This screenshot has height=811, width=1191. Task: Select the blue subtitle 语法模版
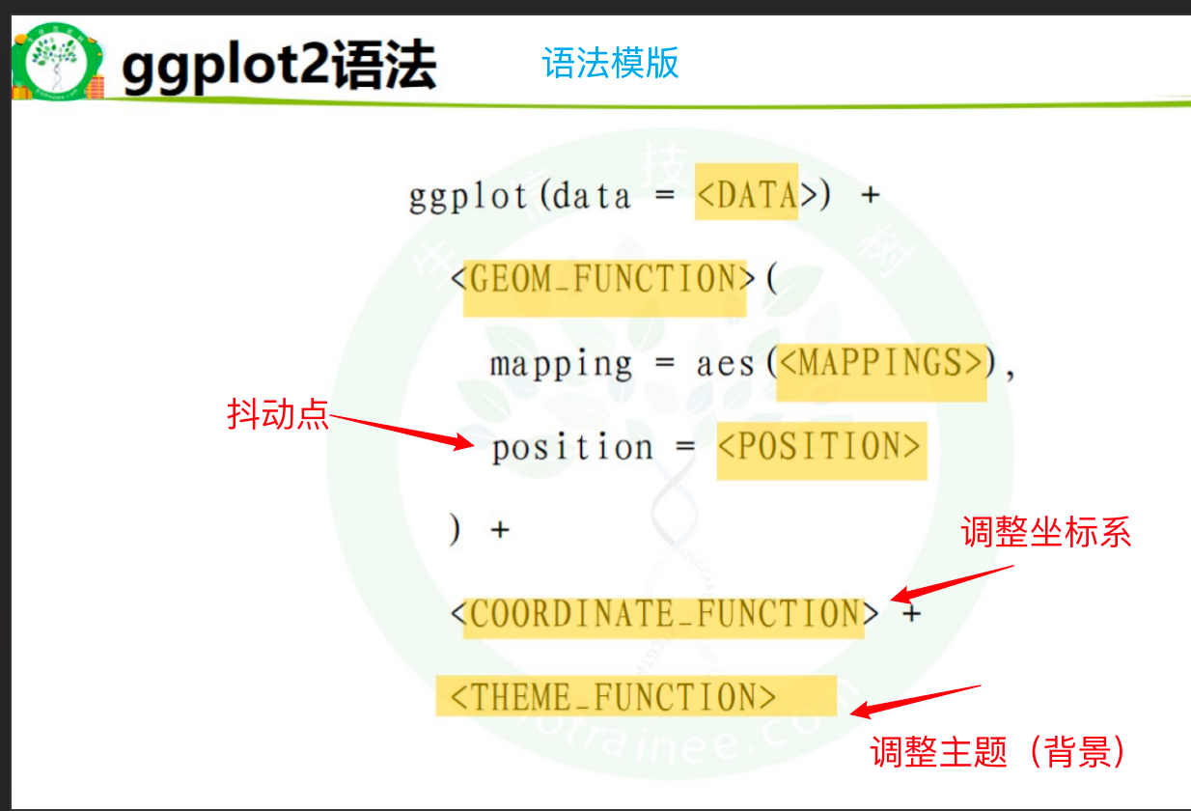click(610, 64)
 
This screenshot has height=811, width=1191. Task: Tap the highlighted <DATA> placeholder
click(746, 196)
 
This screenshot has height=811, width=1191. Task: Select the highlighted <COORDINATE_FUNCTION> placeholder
click(664, 613)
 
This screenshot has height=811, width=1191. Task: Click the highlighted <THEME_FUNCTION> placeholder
click(614, 696)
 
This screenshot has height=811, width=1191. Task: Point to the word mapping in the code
click(561, 365)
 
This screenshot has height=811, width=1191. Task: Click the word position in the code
click(572, 449)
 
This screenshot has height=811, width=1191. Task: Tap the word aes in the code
click(725, 365)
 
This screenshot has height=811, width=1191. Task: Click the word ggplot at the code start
click(467, 197)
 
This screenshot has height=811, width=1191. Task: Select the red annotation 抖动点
click(278, 415)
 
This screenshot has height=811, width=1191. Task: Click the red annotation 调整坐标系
click(1045, 532)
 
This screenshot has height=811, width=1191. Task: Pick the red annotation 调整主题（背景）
click(999, 752)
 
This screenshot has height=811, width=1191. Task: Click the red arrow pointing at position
click(401, 432)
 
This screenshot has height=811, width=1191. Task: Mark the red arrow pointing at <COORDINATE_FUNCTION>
click(951, 583)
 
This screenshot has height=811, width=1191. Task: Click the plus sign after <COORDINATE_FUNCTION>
click(910, 613)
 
